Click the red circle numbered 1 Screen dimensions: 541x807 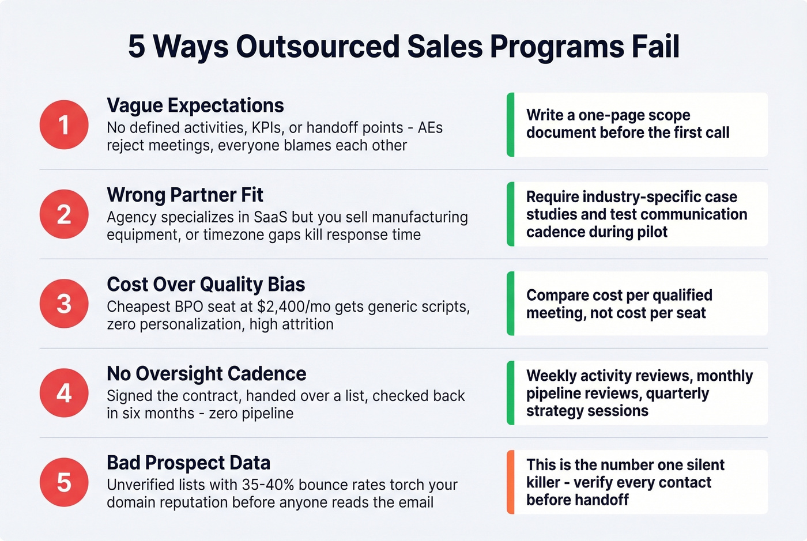pos(64,125)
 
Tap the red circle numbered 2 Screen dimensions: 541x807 pos(64,214)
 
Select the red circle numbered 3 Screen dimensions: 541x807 pos(64,304)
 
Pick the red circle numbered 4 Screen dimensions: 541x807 pos(64,393)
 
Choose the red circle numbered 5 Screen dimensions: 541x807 pos(64,482)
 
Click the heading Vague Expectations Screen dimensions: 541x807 pos(195,105)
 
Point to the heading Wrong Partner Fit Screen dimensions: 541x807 pos(184,195)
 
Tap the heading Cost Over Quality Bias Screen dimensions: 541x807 pos(206,284)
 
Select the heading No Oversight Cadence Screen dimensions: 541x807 pos(206,373)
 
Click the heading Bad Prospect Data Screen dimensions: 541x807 pos(188,463)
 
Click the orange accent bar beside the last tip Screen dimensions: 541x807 pos(510,482)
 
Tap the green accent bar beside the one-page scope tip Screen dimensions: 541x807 pos(510,125)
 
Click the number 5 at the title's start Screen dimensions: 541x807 pos(137,46)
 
